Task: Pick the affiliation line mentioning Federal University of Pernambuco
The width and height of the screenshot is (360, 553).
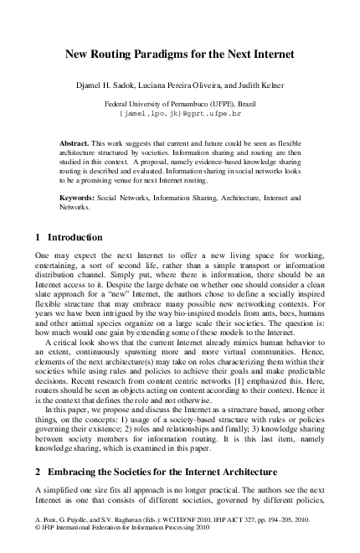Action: click(180, 101)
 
